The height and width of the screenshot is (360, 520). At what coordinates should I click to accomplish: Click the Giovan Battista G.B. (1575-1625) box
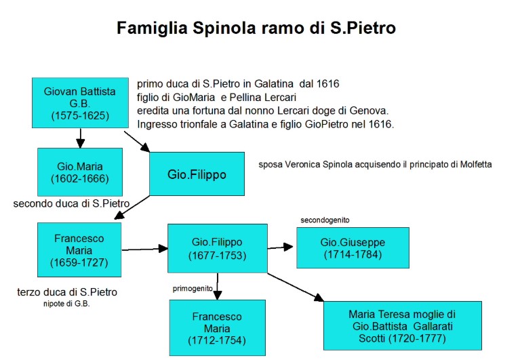point(80,103)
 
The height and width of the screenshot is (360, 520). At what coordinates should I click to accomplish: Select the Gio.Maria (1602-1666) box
point(80,172)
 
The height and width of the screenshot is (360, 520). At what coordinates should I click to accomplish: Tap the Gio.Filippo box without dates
point(197,174)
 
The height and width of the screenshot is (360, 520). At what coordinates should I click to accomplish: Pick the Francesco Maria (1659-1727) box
point(79,249)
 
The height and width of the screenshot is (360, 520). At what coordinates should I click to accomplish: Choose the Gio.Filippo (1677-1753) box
point(218,248)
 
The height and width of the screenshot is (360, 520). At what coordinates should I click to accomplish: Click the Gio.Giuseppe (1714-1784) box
point(353,247)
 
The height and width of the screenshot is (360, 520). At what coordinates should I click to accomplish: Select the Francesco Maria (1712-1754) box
point(218,328)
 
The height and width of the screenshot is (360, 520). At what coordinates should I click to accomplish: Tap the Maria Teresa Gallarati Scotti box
point(403,325)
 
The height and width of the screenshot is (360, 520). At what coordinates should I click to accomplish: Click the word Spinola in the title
point(224,28)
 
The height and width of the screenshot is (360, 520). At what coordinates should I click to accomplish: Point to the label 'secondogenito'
point(325,220)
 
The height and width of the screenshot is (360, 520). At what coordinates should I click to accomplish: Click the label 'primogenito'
point(193,289)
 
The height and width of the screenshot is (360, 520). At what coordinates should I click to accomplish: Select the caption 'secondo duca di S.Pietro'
point(71,203)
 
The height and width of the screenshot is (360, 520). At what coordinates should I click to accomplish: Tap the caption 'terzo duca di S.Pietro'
point(67,292)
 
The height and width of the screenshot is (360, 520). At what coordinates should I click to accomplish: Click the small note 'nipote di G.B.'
point(66,304)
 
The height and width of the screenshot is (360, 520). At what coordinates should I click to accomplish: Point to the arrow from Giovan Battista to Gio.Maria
point(80,138)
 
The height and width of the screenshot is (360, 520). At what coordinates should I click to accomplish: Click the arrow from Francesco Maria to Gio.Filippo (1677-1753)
point(145,249)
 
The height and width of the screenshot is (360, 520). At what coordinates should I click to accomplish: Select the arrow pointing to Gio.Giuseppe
point(280,247)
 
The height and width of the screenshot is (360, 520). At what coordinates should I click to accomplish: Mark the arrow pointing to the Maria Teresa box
point(296,287)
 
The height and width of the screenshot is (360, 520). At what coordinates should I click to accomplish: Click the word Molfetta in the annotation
point(476,165)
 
